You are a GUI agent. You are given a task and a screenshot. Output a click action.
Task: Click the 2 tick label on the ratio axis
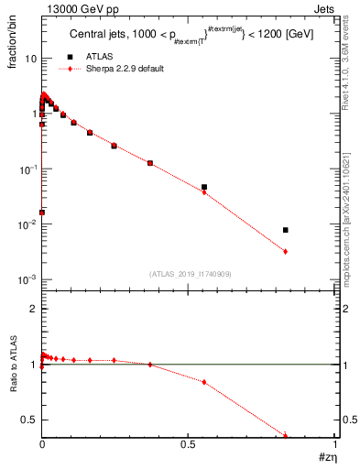(x=32, y=309)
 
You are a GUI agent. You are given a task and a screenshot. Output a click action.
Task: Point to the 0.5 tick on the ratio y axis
(x=28, y=420)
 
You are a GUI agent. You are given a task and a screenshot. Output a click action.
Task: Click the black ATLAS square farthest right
(x=286, y=230)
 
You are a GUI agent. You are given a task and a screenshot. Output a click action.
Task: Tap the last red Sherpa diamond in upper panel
(x=286, y=251)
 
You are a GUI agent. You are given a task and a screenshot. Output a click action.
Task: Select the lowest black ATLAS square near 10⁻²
(x=42, y=213)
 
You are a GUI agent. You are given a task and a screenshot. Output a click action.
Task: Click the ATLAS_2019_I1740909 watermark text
(x=189, y=274)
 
